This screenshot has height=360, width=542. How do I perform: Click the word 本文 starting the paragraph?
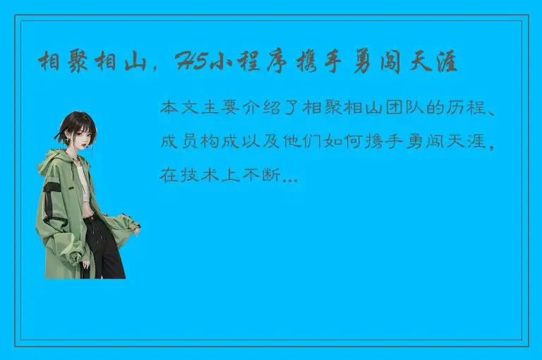178,109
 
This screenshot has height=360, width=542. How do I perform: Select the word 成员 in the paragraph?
178,142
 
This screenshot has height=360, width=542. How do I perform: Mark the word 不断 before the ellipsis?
267,175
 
